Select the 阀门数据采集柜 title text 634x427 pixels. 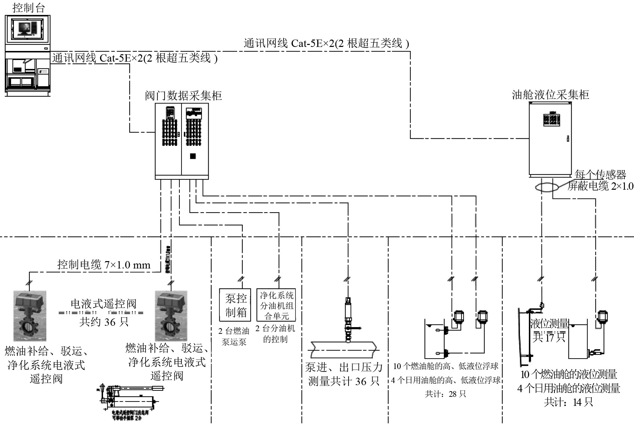click(183, 96)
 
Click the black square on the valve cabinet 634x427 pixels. click(193, 156)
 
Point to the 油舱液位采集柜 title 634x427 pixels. click(550, 95)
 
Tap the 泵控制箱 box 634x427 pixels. click(235, 305)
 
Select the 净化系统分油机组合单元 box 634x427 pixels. click(276, 305)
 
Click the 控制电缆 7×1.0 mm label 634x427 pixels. click(104, 265)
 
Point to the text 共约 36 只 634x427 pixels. click(104, 322)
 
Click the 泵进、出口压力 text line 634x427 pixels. click(344, 367)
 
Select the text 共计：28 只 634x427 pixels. click(445, 394)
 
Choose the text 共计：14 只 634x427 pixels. click(568, 402)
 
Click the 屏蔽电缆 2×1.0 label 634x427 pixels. click(600, 186)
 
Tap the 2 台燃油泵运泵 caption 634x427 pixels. click(234, 337)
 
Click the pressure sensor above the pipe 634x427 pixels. click(348, 318)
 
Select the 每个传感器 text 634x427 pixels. click(600, 175)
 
